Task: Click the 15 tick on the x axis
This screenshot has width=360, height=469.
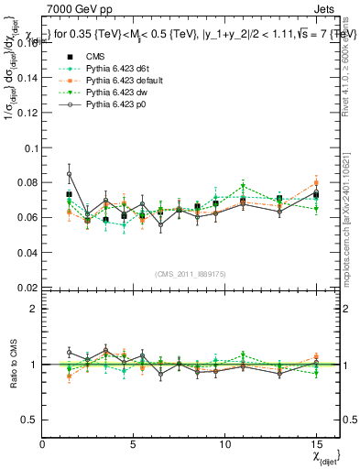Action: tap(315, 443)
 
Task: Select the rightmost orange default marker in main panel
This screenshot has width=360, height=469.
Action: tap(315, 183)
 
